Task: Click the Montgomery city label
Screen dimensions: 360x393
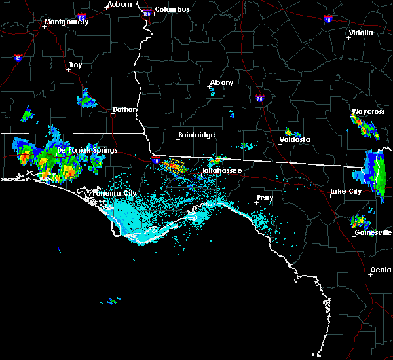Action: click(65, 22)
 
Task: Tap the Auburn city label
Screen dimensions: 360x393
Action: click(121, 4)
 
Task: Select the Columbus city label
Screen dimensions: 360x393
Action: click(173, 9)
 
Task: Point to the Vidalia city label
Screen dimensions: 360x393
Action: click(360, 33)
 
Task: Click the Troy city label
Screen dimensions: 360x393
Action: click(75, 65)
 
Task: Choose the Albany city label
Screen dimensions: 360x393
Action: click(221, 82)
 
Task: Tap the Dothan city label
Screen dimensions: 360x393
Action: click(124, 109)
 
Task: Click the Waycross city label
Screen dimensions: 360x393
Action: click(367, 111)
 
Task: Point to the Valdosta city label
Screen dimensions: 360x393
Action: click(295, 139)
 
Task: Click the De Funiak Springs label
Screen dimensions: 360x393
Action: click(87, 150)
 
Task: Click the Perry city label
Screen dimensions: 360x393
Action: click(265, 197)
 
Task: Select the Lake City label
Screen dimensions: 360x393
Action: click(346, 191)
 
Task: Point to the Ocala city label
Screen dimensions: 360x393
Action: click(381, 270)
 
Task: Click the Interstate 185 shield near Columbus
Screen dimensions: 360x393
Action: click(147, 12)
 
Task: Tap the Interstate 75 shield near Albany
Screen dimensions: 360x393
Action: click(259, 98)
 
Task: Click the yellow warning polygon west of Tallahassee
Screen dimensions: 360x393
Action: click(174, 166)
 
